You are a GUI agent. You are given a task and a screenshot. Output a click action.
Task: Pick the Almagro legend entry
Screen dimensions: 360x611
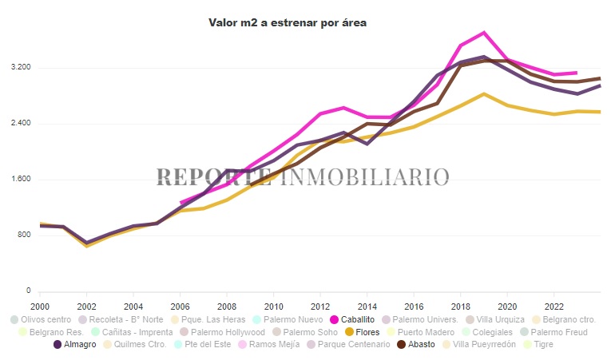[75, 345]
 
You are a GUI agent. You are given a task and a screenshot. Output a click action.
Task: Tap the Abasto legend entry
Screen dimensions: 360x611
[416, 345]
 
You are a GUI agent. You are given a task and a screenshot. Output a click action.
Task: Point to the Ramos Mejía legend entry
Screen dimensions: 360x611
[278, 345]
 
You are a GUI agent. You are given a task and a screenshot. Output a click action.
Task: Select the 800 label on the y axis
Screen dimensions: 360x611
[22, 235]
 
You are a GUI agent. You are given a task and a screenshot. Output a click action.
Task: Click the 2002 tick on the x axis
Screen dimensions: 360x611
[87, 306]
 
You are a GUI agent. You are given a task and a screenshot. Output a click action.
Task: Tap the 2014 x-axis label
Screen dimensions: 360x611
[367, 306]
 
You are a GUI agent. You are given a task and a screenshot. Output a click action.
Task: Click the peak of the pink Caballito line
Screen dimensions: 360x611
[484, 33]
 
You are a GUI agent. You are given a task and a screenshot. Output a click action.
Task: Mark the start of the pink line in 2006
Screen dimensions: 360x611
[181, 203]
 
